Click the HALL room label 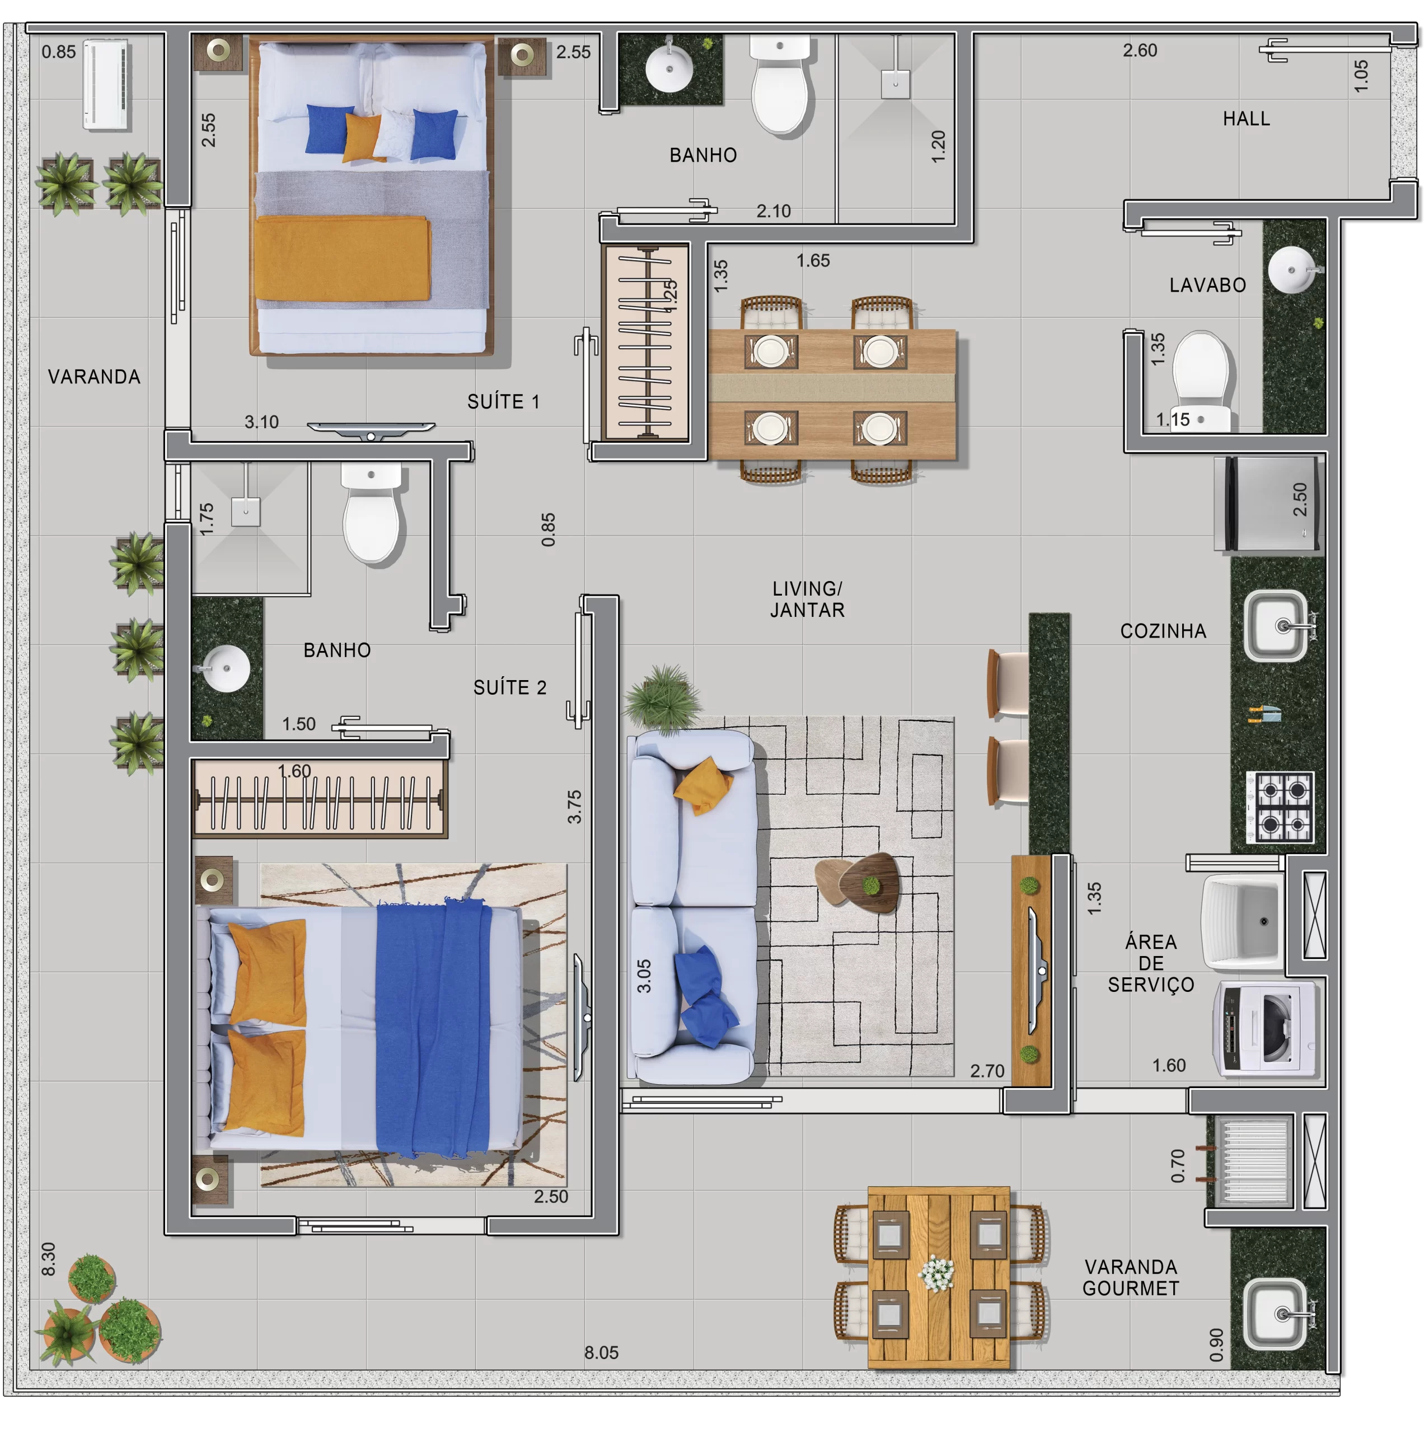coord(1246,119)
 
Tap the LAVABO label coord(1207,285)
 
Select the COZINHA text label coord(1163,631)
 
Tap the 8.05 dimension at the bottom coord(601,1352)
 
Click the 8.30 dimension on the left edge coord(48,1259)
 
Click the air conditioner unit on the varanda coord(106,85)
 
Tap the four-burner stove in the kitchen coord(1280,807)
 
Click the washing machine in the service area coord(1265,1029)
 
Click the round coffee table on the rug coord(858,880)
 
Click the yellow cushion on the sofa coord(702,785)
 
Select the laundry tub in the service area coord(1243,922)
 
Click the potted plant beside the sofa coord(664,698)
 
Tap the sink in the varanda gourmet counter coord(1276,1314)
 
